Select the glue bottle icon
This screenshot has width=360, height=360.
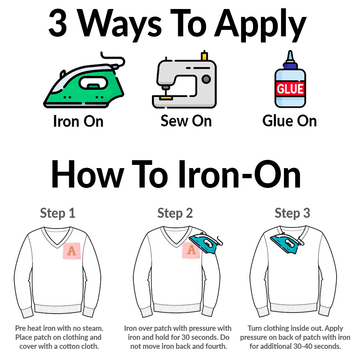click(290, 81)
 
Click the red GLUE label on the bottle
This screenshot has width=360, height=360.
click(290, 88)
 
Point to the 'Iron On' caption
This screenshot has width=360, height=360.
click(78, 121)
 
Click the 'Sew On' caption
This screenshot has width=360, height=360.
click(186, 121)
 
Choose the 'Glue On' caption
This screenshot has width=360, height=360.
click(289, 121)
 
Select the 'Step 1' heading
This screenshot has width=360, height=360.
click(58, 213)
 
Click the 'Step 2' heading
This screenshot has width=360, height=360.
click(175, 213)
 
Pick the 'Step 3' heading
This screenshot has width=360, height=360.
click(292, 213)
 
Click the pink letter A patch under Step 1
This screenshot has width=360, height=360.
click(72, 251)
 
